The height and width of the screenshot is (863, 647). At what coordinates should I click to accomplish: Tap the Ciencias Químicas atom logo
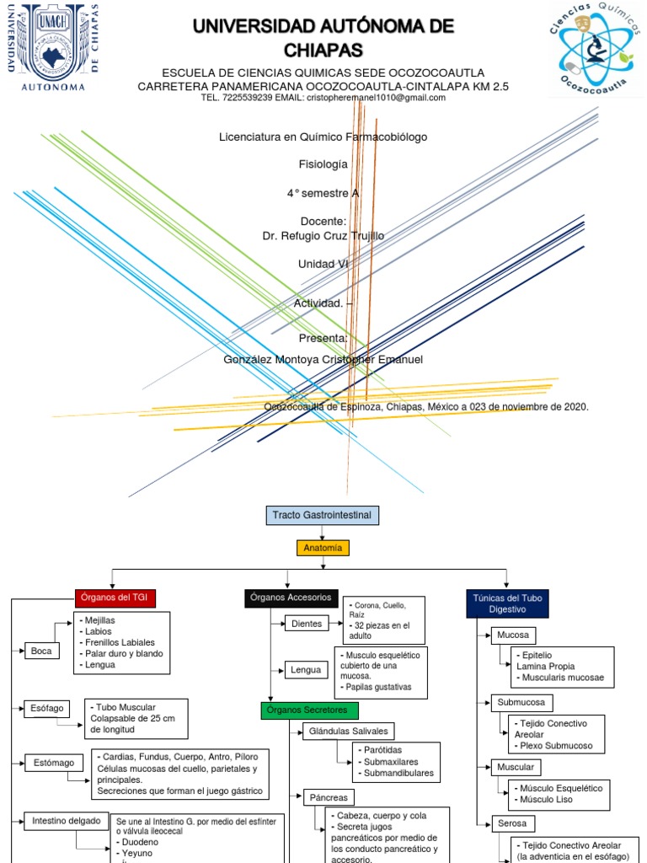pos(593,47)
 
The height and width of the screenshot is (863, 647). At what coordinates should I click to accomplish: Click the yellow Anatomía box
pos(323,548)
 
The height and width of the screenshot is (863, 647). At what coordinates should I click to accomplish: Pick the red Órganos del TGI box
pos(115,598)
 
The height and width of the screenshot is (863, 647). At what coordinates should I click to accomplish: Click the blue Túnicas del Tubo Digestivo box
pos(507,603)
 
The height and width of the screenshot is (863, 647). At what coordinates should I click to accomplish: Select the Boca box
pos(41,651)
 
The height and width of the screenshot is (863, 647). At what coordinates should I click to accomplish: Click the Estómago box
pos(54,763)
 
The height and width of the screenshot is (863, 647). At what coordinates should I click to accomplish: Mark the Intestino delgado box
pos(66,819)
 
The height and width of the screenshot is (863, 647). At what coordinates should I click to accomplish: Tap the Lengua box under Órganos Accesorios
pos(305,670)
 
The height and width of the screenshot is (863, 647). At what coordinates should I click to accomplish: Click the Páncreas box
pos(328,796)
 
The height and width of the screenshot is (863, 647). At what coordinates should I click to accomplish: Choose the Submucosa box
pos(520,701)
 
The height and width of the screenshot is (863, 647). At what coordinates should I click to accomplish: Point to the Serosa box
pos(511,823)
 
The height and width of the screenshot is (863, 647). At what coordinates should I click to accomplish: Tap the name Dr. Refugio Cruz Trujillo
pos(323,236)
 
